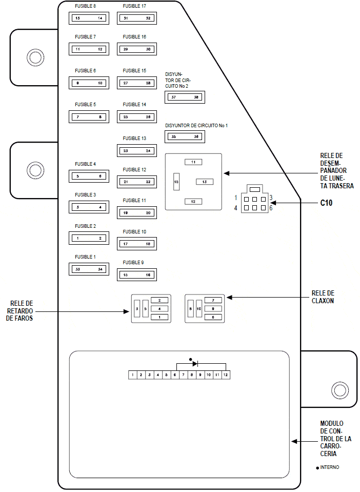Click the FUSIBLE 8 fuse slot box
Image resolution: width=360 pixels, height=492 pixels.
click(89, 18)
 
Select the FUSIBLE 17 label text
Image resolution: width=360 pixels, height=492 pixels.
click(134, 6)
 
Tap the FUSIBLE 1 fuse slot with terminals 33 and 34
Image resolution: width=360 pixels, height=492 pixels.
click(89, 269)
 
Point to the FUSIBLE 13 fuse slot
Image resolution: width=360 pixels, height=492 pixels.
click(136, 151)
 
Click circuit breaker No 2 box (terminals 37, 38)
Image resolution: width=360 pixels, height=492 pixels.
click(184, 97)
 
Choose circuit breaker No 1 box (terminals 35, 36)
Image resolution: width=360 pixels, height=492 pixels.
click(184, 136)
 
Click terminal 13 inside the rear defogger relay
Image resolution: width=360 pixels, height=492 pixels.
click(204, 182)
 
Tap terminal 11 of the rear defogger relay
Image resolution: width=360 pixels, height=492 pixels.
click(193, 162)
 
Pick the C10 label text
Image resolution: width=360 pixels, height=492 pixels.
click(327, 203)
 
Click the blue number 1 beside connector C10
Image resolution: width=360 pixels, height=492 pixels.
click(236, 198)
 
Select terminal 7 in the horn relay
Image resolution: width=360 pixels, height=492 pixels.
click(213, 300)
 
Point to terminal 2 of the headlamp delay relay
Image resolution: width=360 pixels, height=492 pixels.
click(159, 300)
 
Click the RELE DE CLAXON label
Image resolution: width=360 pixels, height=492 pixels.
click(323, 297)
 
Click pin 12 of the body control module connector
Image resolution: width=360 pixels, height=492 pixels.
click(225, 375)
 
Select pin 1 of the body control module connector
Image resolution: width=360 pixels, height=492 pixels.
click(132, 375)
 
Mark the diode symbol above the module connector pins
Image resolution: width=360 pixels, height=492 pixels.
click(195, 363)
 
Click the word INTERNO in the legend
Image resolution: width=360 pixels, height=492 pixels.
click(329, 467)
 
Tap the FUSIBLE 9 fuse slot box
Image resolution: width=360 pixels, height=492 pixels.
click(136, 275)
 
